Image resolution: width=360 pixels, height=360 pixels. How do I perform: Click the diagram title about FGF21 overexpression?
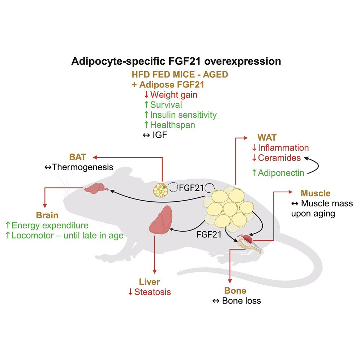point(176,61)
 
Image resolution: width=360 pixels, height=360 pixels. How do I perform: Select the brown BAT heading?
point(77,157)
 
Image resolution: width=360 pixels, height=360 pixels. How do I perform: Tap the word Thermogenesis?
point(83,167)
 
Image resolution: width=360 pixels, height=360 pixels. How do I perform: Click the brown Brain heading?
point(47,215)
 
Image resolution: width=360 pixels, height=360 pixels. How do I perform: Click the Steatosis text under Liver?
point(152,292)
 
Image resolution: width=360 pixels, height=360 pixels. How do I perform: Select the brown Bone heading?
point(235,291)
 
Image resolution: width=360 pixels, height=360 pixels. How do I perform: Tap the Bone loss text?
point(241,300)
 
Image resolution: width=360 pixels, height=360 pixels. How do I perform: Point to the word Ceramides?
point(280,158)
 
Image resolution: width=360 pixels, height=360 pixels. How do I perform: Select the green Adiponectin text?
point(283,173)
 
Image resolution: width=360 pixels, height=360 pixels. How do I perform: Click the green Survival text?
point(166,105)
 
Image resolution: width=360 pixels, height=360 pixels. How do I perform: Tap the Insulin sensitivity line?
point(183,115)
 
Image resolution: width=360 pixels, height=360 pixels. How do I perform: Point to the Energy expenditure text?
point(50,226)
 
